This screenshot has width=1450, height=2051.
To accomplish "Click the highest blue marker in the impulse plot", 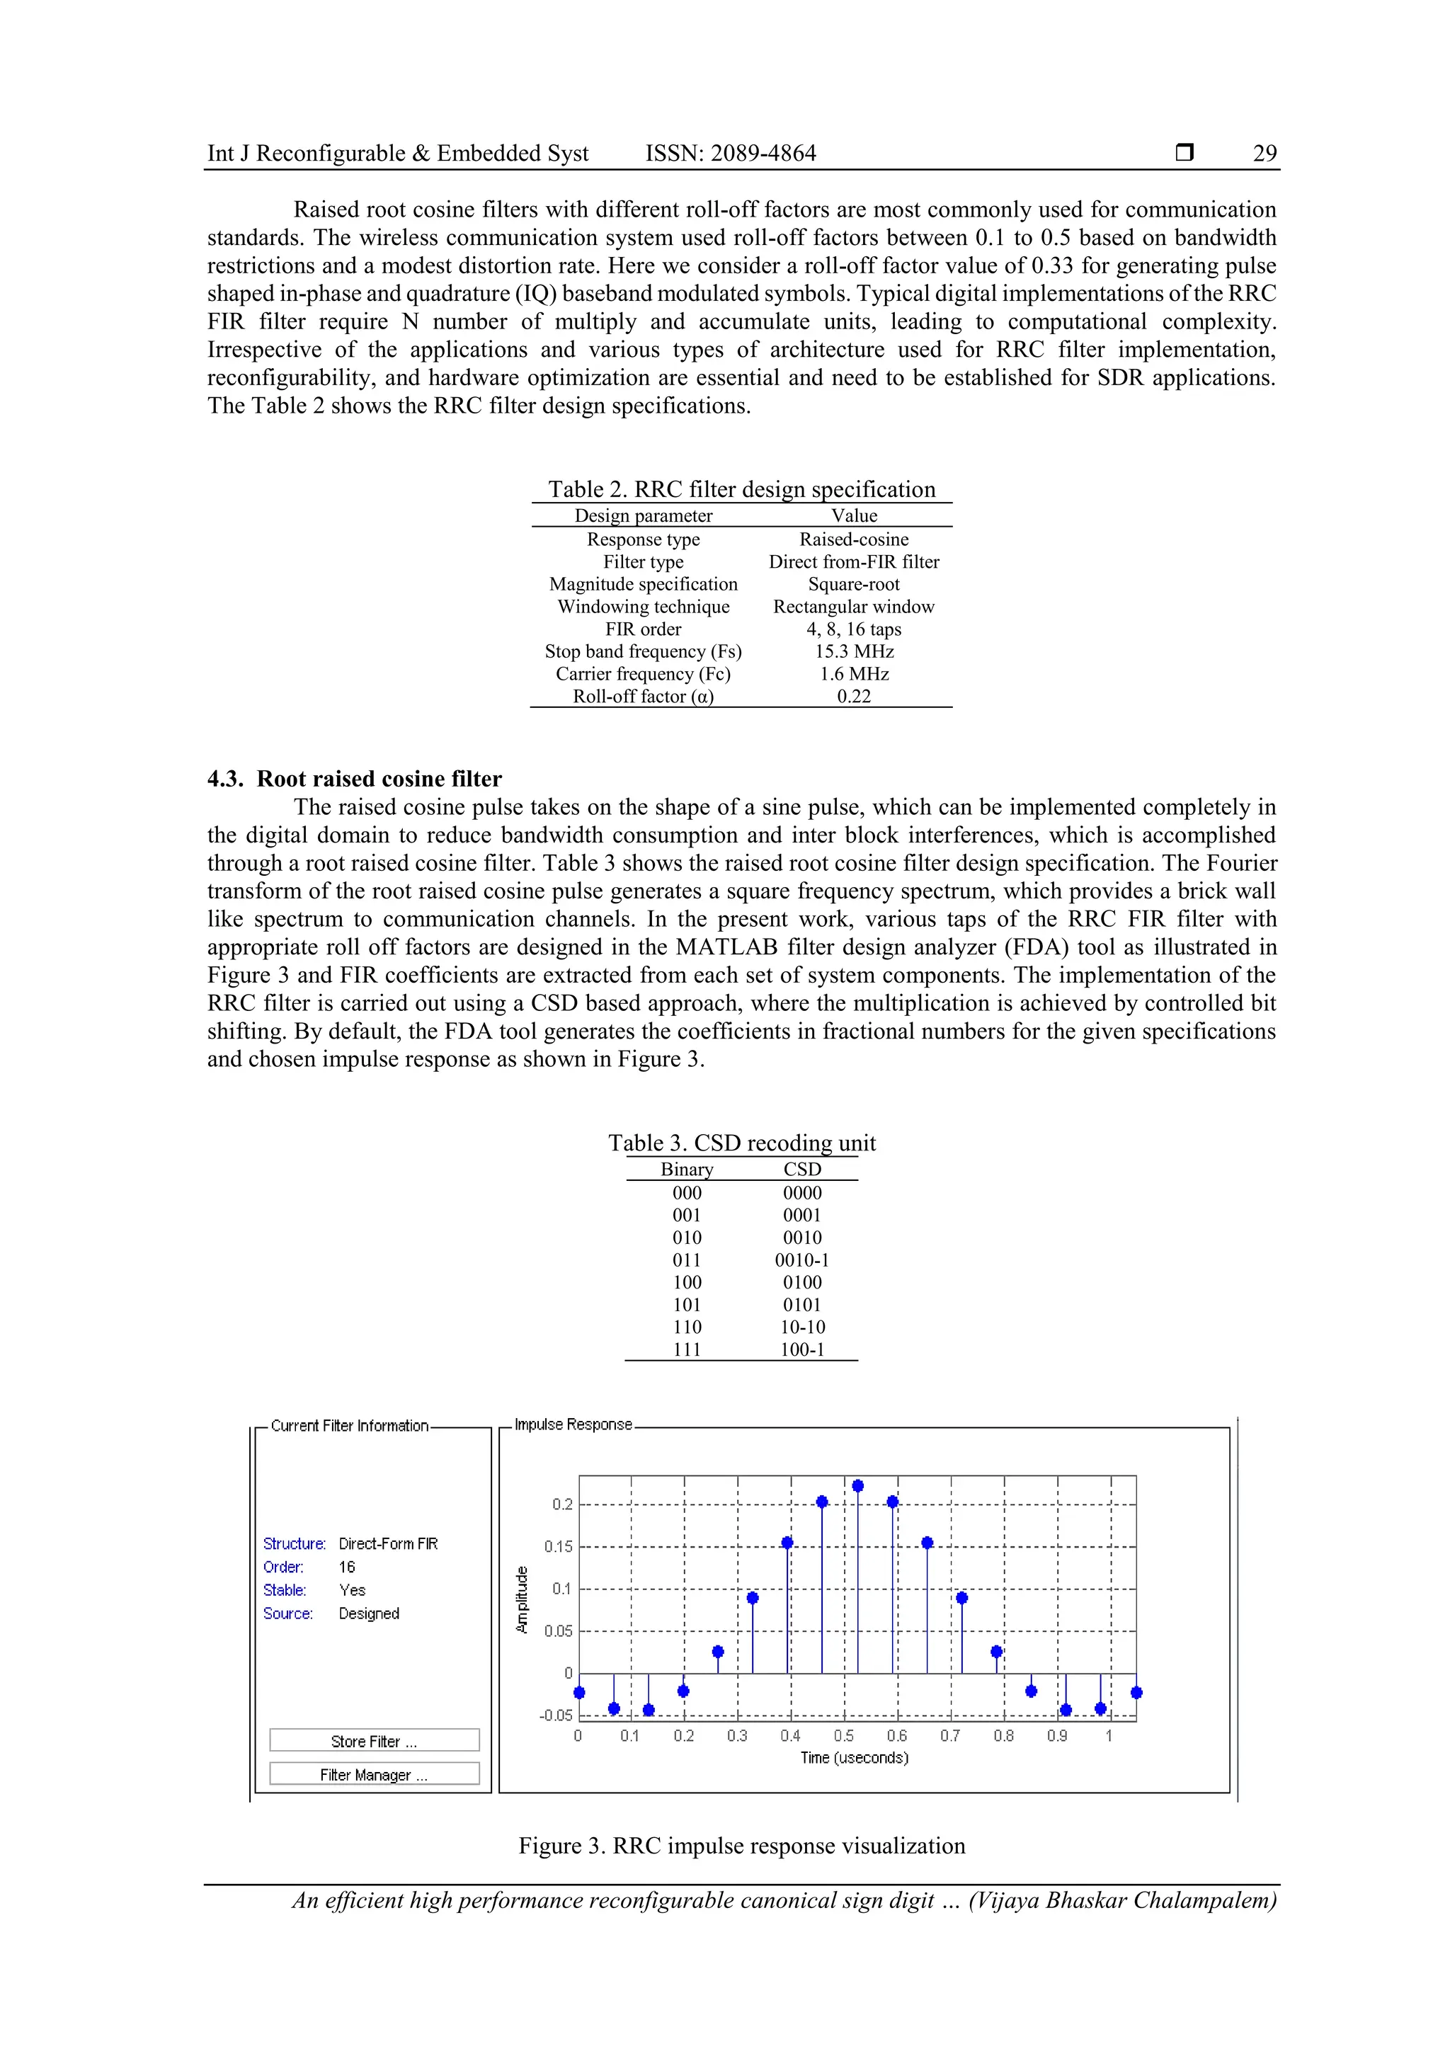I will (857, 1485).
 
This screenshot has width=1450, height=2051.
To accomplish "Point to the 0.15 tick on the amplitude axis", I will (559, 1546).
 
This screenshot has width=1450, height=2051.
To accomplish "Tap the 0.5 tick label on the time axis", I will (843, 1735).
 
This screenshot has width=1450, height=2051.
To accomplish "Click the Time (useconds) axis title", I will (854, 1758).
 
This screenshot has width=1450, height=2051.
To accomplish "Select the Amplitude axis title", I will (523, 1600).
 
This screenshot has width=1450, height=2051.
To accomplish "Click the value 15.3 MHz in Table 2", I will (854, 651).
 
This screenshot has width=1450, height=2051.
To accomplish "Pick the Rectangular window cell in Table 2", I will (853, 607).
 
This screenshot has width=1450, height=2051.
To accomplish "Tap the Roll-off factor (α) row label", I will (644, 696).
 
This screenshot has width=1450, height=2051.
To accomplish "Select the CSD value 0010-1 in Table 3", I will (801, 1259).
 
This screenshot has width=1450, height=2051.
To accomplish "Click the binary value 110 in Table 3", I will (687, 1327).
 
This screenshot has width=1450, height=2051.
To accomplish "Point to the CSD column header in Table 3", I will (801, 1168).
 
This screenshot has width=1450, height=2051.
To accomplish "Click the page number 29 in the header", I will (1265, 153).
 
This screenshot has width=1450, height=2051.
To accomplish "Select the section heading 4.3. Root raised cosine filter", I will (355, 778).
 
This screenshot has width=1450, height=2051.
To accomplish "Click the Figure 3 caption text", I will (741, 1846).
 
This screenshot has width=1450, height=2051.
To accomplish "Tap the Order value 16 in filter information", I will (347, 1567).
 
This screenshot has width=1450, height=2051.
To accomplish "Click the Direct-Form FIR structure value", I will (388, 1543).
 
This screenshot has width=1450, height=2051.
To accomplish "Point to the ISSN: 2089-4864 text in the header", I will (731, 153).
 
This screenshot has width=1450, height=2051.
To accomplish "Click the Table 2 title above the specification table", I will (741, 489).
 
